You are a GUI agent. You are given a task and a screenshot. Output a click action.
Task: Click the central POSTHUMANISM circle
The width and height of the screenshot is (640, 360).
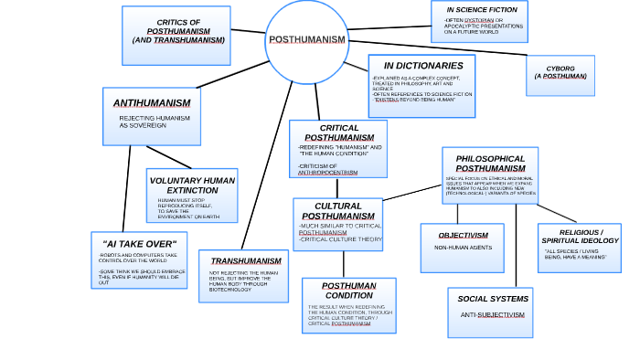(x=306, y=40)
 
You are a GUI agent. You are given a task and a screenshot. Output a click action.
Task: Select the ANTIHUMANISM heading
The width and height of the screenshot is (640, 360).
(x=152, y=103)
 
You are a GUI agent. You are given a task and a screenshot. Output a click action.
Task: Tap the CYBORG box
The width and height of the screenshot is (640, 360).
(x=560, y=73)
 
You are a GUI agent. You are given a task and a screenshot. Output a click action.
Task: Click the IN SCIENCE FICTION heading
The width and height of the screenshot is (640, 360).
(x=480, y=9)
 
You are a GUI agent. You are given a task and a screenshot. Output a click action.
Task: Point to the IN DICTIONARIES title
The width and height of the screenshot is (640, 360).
(x=422, y=66)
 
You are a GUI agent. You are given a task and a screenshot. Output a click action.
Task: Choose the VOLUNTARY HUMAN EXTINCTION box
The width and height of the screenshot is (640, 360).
(x=192, y=195)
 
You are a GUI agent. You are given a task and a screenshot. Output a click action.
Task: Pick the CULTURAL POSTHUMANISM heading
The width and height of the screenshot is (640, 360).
(x=337, y=211)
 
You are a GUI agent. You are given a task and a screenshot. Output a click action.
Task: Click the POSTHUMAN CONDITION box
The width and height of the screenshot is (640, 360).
(x=348, y=305)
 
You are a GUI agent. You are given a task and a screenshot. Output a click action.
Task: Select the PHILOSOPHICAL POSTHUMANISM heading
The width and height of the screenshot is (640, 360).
(x=490, y=164)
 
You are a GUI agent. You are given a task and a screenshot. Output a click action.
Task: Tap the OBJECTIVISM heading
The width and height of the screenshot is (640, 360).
(x=463, y=235)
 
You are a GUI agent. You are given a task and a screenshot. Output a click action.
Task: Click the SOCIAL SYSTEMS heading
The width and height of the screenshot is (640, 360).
(x=493, y=299)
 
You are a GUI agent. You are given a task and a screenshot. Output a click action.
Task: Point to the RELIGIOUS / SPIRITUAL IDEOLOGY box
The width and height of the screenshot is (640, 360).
(x=579, y=247)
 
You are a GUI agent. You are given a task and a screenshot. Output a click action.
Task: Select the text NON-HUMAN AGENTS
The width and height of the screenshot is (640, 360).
(x=463, y=248)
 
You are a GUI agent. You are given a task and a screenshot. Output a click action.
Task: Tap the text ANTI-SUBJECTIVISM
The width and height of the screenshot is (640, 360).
(x=493, y=314)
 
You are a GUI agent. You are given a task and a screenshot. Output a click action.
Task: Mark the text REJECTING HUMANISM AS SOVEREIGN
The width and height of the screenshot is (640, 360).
(x=148, y=122)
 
